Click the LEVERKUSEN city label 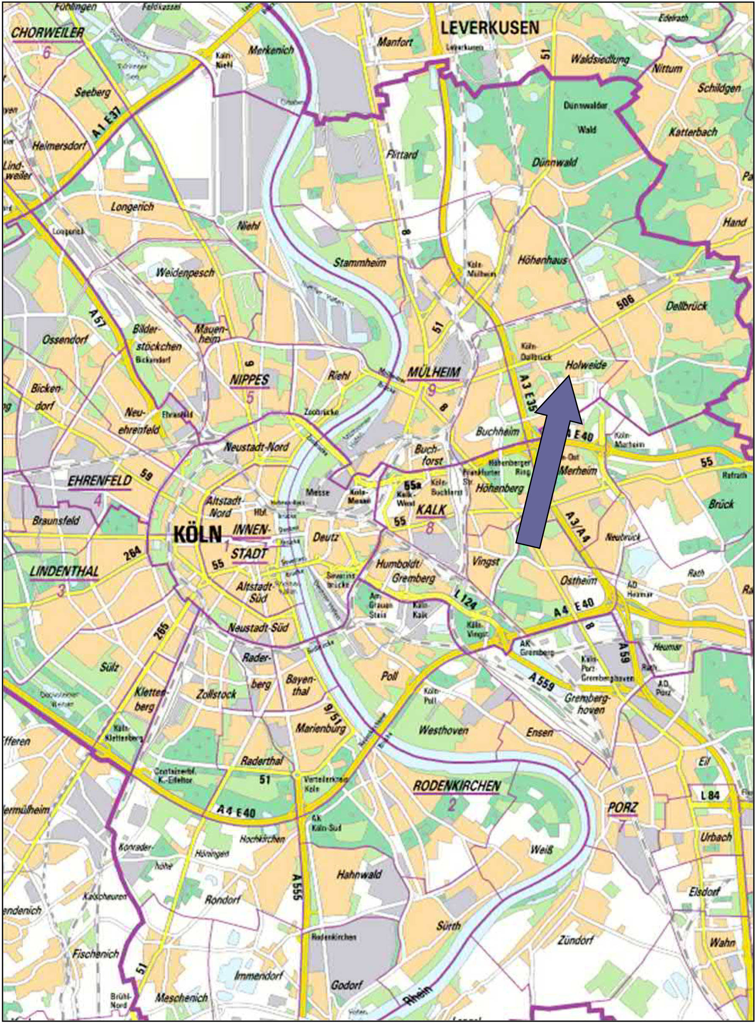coord(490,28)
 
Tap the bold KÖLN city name coord(198,534)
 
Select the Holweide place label coord(586,365)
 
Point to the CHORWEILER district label coord(47,33)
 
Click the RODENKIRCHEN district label coord(457,786)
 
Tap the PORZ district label coord(622,808)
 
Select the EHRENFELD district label coord(100,481)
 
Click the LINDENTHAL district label coord(64,571)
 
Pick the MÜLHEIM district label coord(434,373)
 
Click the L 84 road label coord(710,795)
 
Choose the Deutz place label coord(326,537)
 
